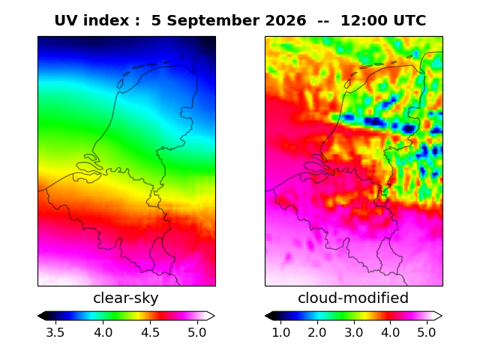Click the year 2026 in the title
coord(286,20)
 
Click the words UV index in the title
coord(91,20)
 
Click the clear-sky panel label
coord(126,298)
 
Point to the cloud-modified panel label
coord(353,298)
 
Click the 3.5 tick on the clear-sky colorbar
coord(55,332)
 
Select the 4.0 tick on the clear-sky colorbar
coord(103,332)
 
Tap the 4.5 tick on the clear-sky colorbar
coord(150,332)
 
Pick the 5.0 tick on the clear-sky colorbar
coord(197,332)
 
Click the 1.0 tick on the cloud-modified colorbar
coord(281,332)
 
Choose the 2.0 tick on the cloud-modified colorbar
coord(317,332)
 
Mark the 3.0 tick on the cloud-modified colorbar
coord(354,332)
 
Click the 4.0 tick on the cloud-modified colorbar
coord(390,332)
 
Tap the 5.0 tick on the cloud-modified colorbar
coord(427,332)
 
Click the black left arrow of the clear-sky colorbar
coord(42,316)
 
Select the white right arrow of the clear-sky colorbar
coord(210,316)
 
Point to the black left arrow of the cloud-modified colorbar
coord(269,316)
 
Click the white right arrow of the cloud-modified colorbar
coord(438,316)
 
